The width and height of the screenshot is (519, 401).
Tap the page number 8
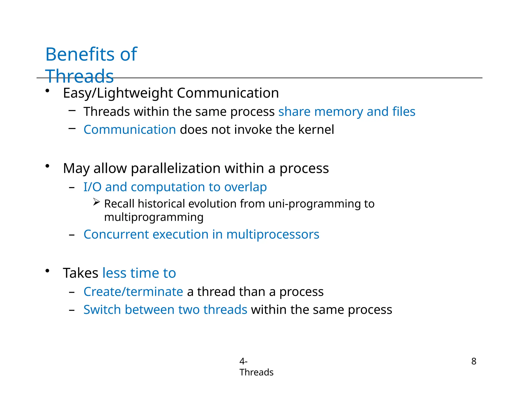(474, 361)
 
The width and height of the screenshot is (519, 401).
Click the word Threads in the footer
(256, 372)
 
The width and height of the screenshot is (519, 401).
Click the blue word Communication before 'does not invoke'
(130, 130)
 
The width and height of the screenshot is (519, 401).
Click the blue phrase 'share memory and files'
(347, 112)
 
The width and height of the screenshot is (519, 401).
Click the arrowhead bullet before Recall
(96, 202)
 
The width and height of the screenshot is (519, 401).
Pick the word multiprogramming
(154, 217)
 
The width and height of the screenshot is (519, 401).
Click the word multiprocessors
(272, 234)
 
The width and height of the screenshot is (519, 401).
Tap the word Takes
(80, 273)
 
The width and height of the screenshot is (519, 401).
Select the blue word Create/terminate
(133, 292)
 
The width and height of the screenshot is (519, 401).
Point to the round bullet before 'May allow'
(47, 166)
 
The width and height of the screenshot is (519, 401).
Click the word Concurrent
(116, 234)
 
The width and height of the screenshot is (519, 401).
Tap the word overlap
(245, 187)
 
